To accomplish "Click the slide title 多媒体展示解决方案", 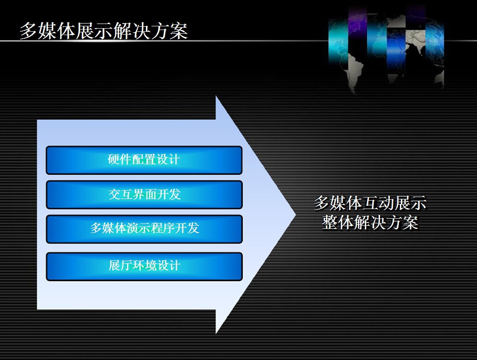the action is click(104, 31).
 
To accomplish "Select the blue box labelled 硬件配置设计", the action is click(144, 160).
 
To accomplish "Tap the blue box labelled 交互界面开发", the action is click(144, 195).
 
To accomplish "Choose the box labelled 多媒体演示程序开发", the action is click(144, 229).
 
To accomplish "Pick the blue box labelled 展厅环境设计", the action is click(144, 266).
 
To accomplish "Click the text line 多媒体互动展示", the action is click(370, 203).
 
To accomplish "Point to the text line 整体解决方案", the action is click(370, 222).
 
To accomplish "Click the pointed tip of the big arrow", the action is click(296, 215).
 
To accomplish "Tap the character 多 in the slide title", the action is click(29, 31).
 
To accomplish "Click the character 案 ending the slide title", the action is click(179, 31).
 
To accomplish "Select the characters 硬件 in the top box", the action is click(120, 159).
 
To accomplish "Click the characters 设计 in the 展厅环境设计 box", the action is click(169, 265).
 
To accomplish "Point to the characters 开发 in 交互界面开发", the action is click(169, 194).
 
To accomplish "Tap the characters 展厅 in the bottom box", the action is click(121, 265).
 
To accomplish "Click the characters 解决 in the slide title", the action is click(132, 31).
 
